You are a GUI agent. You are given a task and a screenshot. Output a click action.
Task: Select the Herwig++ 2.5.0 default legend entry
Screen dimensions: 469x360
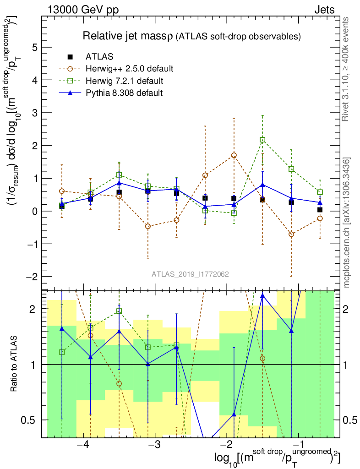click(x=129, y=69)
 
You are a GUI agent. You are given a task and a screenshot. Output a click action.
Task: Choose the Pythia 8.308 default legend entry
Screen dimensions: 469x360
click(x=124, y=93)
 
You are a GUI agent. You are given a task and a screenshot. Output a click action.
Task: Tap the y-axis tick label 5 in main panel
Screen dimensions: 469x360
click(x=34, y=47)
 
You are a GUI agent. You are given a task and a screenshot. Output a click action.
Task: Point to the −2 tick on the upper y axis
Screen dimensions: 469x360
click(x=31, y=277)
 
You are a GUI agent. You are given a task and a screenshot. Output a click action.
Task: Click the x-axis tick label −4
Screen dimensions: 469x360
click(x=83, y=445)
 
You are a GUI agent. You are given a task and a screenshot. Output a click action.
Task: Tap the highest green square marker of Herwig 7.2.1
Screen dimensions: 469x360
click(x=262, y=140)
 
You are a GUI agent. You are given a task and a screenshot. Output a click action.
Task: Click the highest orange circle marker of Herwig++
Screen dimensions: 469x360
click(x=234, y=155)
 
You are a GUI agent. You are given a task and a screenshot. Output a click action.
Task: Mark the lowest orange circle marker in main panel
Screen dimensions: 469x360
click(x=291, y=234)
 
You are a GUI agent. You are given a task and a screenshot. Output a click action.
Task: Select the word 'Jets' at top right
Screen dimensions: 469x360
click(x=324, y=10)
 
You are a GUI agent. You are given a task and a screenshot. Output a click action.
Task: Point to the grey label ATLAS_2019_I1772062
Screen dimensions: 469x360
click(x=191, y=274)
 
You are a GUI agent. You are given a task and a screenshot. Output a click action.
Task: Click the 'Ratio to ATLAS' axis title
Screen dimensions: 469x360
click(x=15, y=364)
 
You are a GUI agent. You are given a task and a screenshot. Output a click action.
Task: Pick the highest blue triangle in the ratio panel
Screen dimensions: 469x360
click(x=262, y=295)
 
